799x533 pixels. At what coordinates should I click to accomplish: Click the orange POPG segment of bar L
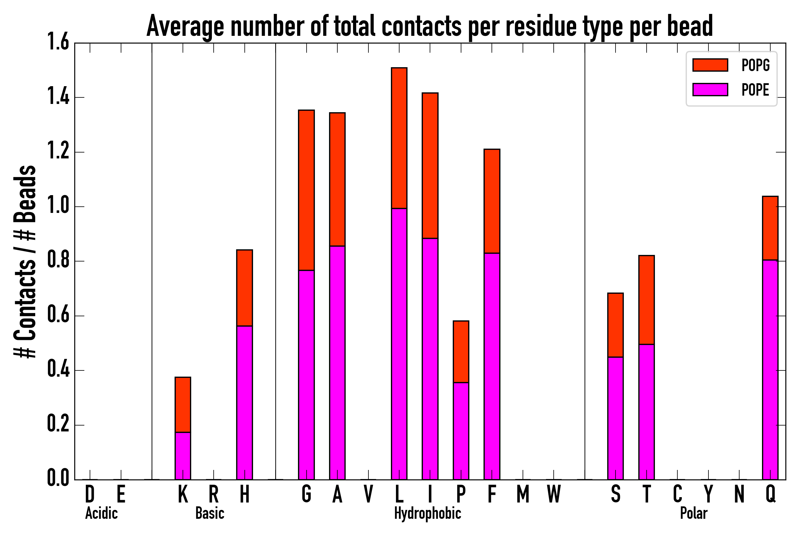pos(399,138)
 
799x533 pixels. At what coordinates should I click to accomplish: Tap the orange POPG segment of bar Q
pos(770,228)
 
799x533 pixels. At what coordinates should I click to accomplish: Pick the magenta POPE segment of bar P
pos(461,431)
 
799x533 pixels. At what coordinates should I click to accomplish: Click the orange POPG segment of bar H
pos(245,288)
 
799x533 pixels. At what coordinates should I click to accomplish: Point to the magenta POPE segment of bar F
pos(492,367)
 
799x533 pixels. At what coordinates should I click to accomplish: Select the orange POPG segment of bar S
pos(616,325)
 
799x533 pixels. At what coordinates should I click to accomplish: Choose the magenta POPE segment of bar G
pos(306,375)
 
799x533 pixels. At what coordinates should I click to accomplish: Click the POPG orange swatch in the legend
pos(710,65)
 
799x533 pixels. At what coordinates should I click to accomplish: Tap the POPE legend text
pos(755,90)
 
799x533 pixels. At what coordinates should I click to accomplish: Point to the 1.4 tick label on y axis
pos(58,97)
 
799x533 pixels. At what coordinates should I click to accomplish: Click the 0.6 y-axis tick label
pos(58,315)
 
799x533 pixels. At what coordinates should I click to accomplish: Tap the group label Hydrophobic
pos(427,513)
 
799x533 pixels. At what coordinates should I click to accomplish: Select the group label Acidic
pos(101,513)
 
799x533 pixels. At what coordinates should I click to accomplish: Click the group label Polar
pos(693,513)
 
